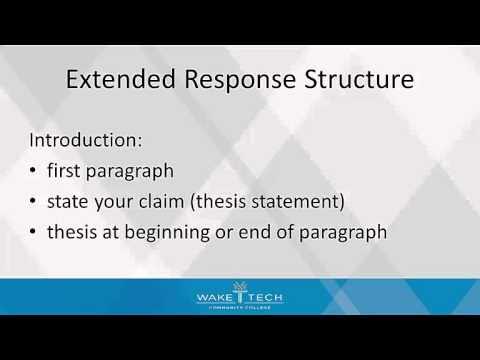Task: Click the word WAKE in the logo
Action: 214,296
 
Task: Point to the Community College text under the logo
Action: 240,308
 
